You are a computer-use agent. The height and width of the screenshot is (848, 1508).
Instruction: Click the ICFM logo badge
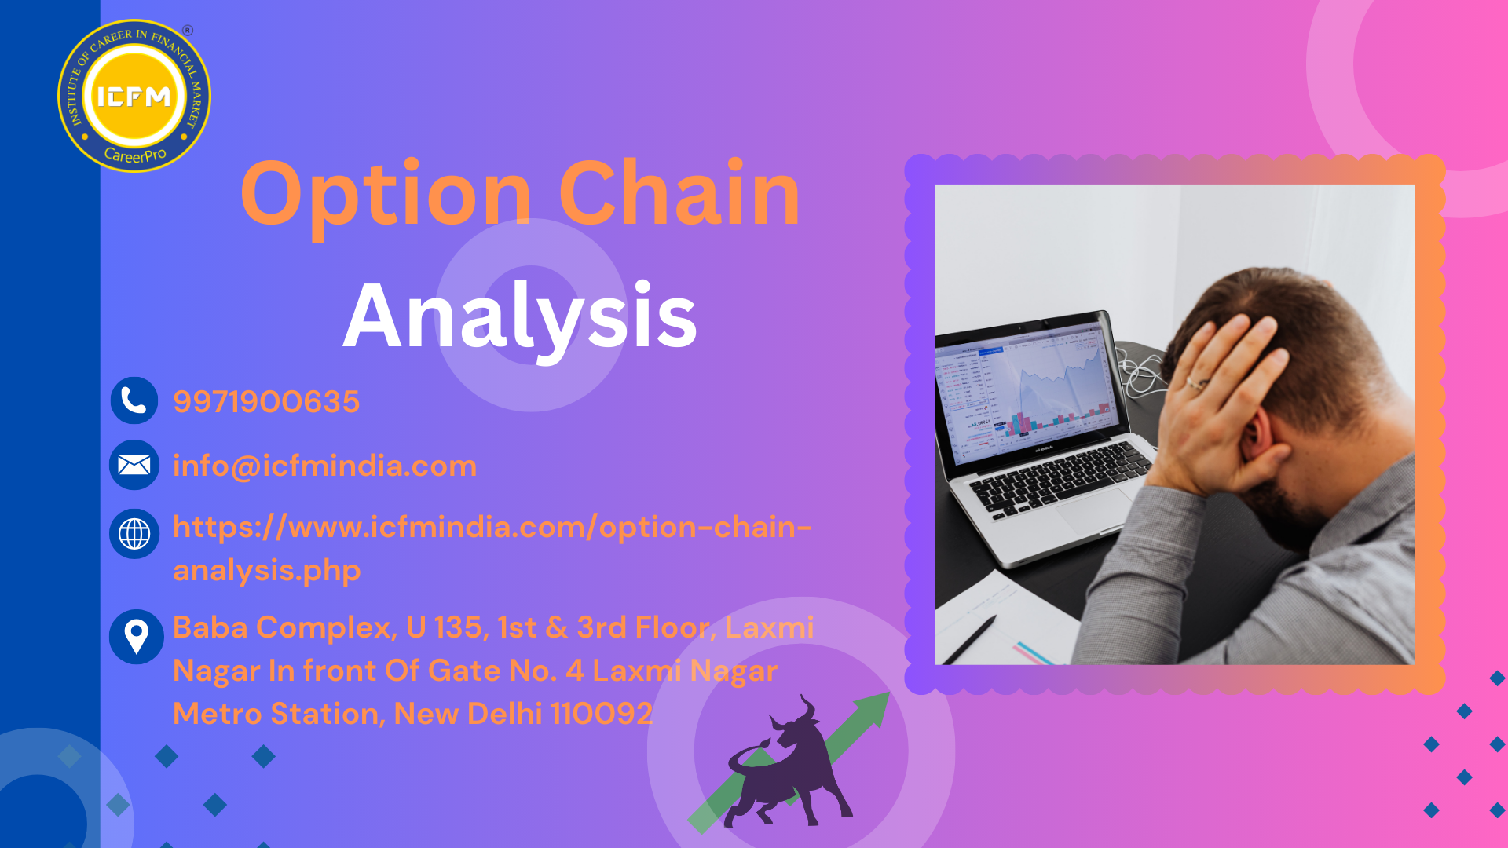point(134,95)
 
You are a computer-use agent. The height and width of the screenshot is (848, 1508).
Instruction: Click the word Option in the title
point(386,195)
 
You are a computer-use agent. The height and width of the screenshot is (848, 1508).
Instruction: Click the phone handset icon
point(134,400)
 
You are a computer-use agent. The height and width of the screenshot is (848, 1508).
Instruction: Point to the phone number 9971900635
point(266,401)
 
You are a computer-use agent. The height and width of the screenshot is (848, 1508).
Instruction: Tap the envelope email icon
point(134,465)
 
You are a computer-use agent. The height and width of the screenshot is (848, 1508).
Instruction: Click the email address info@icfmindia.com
point(324,466)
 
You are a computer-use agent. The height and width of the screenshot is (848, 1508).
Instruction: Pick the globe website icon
point(134,534)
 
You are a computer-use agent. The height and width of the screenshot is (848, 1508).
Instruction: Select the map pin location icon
point(137,637)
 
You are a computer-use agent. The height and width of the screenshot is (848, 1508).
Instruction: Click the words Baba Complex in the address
point(284,628)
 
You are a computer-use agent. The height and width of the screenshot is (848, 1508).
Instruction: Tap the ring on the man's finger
point(1195,384)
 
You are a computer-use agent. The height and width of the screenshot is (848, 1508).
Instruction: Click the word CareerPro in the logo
point(135,155)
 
